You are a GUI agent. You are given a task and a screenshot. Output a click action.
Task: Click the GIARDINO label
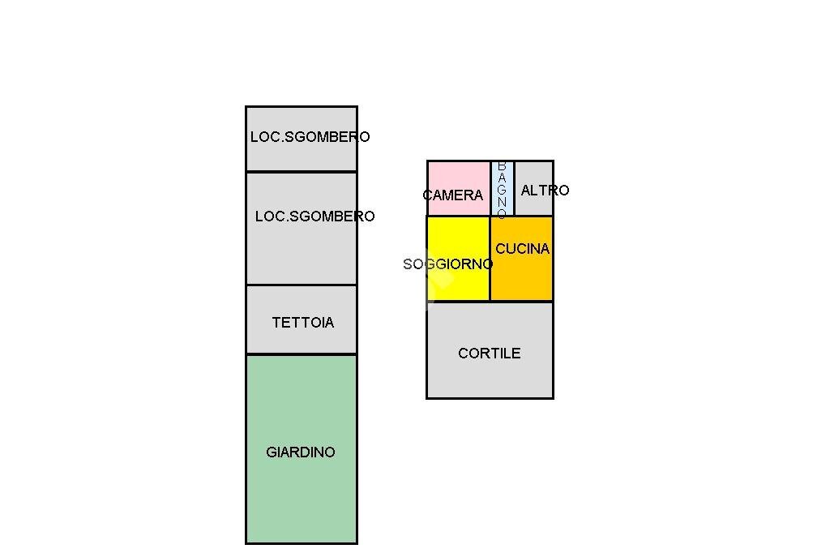[300, 452]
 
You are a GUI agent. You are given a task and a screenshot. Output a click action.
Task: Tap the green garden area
[301, 495]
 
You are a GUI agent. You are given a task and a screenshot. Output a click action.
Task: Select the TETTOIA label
[302, 323]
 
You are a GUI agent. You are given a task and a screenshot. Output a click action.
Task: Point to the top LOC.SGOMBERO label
[310, 137]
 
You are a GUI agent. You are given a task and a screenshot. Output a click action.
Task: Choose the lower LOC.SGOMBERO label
[314, 216]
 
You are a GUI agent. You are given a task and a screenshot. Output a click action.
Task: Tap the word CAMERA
[452, 195]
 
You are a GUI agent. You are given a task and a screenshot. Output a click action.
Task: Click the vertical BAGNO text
[502, 190]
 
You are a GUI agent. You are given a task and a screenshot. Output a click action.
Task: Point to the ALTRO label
[545, 191]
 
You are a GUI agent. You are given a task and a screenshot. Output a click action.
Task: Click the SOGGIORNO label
[447, 264]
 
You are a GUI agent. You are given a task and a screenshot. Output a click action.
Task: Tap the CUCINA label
[522, 249]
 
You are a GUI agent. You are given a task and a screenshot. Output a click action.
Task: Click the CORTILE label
[489, 354]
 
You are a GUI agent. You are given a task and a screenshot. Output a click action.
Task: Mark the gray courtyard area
[490, 377]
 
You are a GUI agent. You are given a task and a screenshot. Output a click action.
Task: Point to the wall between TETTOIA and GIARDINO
[301, 354]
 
